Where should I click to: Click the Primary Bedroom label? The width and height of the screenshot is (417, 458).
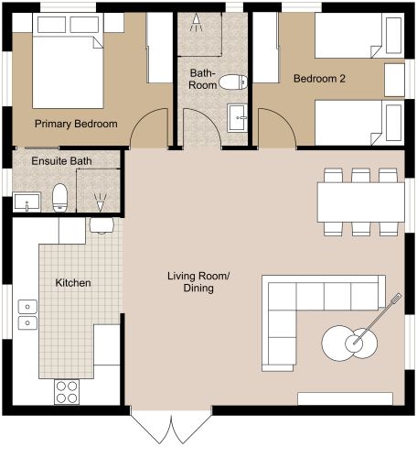(x=75, y=124)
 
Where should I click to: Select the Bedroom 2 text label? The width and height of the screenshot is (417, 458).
(x=319, y=79)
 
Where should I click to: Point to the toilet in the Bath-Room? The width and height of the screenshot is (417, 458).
(x=234, y=82)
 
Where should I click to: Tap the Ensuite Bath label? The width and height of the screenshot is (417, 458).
(x=61, y=162)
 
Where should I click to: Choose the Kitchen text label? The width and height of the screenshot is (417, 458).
(x=73, y=283)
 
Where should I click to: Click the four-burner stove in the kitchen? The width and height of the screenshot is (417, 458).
(x=67, y=391)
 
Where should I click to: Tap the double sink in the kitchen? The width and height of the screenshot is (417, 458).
(x=27, y=321)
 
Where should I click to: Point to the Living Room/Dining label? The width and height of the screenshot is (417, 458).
(x=190, y=282)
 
